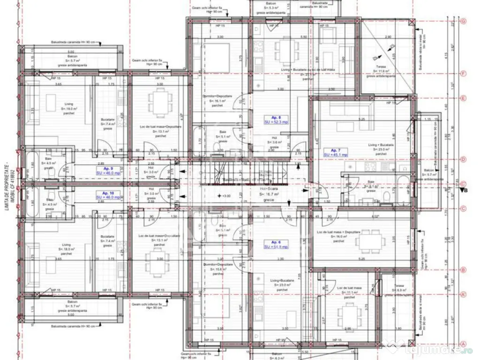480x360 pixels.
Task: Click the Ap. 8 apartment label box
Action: tap(273, 119)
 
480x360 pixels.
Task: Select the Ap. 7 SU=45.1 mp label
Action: tap(335, 152)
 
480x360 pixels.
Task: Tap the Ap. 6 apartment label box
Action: tap(276, 244)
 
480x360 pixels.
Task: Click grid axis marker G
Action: tap(463, 21)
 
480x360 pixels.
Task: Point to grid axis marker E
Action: tap(463, 98)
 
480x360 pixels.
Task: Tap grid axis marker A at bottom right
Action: tap(463, 343)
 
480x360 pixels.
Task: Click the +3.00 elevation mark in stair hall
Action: tap(226, 196)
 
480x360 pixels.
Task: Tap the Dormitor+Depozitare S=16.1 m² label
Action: tap(218, 100)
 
